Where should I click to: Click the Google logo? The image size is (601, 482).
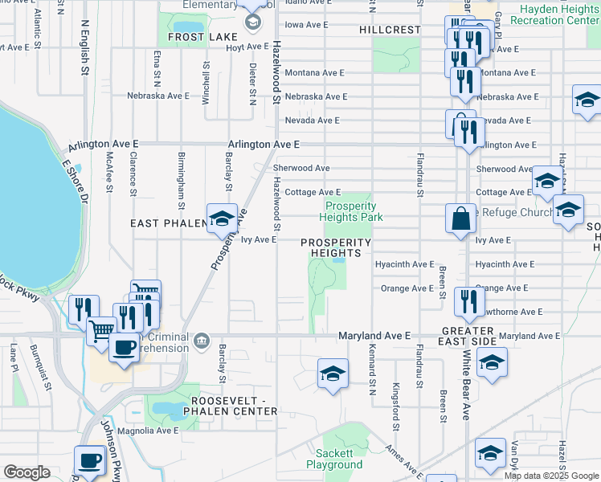(x=27, y=472)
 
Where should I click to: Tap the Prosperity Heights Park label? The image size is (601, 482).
(x=351, y=211)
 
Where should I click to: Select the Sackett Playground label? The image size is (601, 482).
(x=334, y=460)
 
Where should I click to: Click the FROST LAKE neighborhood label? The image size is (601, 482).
(x=202, y=37)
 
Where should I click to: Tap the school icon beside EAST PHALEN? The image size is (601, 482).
(x=221, y=218)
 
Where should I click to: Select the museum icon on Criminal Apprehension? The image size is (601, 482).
(x=201, y=341)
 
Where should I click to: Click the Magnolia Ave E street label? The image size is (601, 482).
(x=145, y=431)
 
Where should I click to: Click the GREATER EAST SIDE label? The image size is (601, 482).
(x=465, y=337)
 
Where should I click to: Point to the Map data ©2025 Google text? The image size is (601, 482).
(x=550, y=475)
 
